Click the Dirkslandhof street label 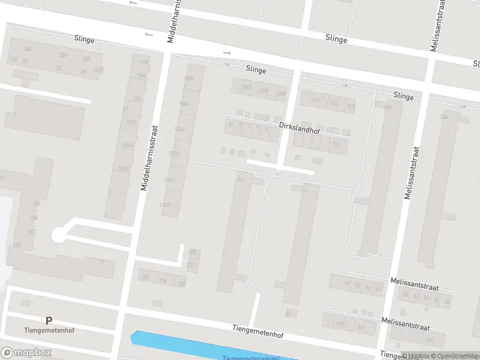point(299,127)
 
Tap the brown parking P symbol point(49,321)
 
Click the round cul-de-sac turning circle point(58,235)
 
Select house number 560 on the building point(28,49)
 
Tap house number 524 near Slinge point(264,91)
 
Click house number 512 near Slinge point(334,103)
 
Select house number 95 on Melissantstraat point(347,284)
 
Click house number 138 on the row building point(144,277)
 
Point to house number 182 point(32,231)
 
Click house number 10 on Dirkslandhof point(335,144)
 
